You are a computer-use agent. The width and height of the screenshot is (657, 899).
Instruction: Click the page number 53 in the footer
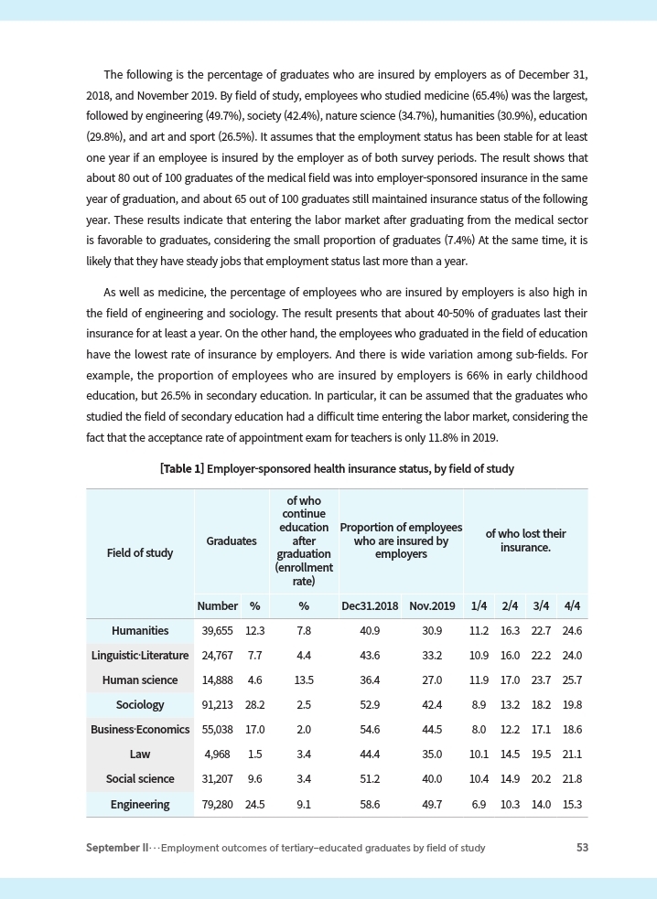[x=582, y=848]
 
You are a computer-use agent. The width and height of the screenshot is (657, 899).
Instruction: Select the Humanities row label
[x=140, y=631]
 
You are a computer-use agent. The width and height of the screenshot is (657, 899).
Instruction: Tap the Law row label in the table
[x=140, y=755]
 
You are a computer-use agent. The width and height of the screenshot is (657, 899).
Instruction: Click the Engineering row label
[x=140, y=805]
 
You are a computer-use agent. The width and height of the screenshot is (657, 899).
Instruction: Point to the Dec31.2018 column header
[x=370, y=606]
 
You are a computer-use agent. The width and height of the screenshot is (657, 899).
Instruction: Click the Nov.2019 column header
[x=432, y=606]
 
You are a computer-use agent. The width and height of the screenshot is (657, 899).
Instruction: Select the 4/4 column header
[x=573, y=606]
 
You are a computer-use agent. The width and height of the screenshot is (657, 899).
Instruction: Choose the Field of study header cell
[x=140, y=553]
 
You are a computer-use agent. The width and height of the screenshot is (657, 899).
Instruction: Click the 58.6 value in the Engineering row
[x=370, y=805]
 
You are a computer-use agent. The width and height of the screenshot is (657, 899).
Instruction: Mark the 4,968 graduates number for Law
[x=221, y=755]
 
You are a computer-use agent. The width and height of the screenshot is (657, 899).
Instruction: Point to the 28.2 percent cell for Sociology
[x=255, y=705]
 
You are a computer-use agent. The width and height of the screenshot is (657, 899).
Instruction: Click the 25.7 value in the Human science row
[x=573, y=680]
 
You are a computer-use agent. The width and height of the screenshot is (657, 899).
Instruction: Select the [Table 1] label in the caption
[x=181, y=469]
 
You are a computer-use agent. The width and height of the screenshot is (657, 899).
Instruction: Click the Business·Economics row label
[x=140, y=730]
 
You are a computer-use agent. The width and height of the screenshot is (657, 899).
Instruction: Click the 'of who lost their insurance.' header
[x=525, y=540]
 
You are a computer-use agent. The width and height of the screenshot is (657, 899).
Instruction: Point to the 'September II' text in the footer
[x=117, y=848]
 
